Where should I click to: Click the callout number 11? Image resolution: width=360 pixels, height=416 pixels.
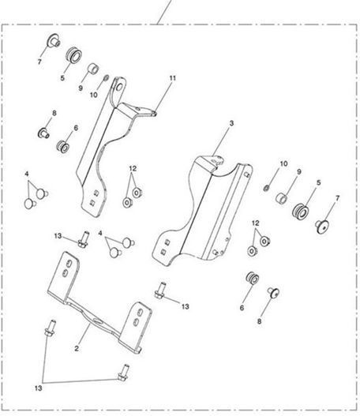coord(173,78)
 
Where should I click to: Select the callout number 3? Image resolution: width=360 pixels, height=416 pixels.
coord(231,123)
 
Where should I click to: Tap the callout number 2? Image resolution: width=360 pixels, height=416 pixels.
coord(77,348)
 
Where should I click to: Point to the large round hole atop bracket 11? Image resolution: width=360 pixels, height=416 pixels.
coord(119,87)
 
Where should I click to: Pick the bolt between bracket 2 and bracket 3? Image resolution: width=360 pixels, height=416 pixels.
coord(160,290)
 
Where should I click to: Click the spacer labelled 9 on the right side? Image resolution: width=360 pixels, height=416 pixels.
coord(282,198)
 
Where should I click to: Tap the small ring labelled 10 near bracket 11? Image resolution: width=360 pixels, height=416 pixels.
coord(106,77)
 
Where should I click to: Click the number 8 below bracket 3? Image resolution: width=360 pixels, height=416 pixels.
coord(259,321)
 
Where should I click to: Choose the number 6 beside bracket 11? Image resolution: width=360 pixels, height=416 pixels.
coord(76,128)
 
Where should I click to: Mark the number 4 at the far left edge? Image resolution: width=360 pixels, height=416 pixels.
coord(27,174)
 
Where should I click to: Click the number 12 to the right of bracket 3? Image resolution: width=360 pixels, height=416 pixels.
coord(256,223)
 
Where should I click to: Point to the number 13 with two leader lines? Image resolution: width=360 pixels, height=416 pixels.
coord(38,388)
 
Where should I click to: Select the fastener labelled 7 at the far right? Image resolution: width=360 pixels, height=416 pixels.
coord(323,227)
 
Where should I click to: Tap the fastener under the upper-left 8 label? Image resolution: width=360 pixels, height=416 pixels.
coord(43,133)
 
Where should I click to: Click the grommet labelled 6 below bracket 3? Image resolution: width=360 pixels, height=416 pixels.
coord(253,278)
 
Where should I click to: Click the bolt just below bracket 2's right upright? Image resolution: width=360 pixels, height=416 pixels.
coord(123,373)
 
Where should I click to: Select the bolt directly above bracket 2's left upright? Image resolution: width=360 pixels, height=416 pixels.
coord(84,238)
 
